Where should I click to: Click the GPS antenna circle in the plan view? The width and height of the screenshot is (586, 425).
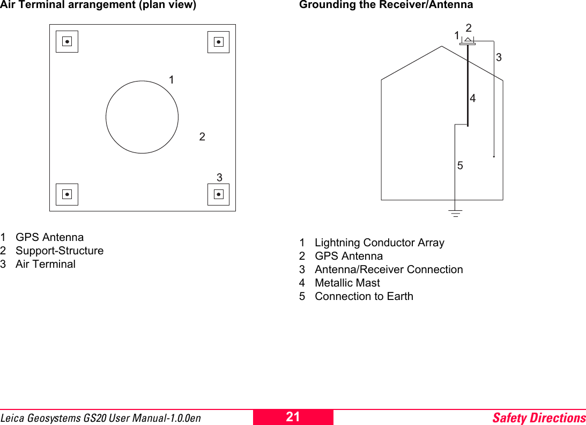[142, 117]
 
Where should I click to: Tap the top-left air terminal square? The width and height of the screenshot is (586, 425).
[67, 41]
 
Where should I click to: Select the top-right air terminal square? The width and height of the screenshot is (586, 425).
[218, 41]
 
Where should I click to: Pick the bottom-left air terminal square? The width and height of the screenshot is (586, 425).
[67, 194]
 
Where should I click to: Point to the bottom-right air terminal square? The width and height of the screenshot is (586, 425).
[218, 194]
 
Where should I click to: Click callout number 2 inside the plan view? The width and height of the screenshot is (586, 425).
[202, 137]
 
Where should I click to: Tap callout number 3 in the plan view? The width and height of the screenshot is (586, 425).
[219, 177]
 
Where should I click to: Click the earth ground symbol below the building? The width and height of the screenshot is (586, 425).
[455, 214]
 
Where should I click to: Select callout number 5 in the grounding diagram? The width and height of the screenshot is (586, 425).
[460, 166]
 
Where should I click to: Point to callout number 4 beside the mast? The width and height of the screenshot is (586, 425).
[473, 99]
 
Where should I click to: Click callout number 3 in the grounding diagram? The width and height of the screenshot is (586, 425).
[499, 57]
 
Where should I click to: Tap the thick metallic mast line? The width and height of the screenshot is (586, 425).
[468, 86]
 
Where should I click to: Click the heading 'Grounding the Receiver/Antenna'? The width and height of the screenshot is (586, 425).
[386, 5]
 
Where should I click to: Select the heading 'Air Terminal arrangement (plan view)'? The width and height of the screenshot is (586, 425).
[98, 5]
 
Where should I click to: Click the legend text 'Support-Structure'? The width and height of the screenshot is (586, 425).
[60, 251]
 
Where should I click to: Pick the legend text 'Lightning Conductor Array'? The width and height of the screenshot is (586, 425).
[380, 243]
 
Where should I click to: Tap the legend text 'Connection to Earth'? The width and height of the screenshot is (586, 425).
[364, 296]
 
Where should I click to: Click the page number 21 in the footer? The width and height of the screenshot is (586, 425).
[293, 417]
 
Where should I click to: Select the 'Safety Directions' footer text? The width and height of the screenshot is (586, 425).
[539, 417]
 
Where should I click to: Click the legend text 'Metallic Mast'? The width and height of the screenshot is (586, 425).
[347, 283]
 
